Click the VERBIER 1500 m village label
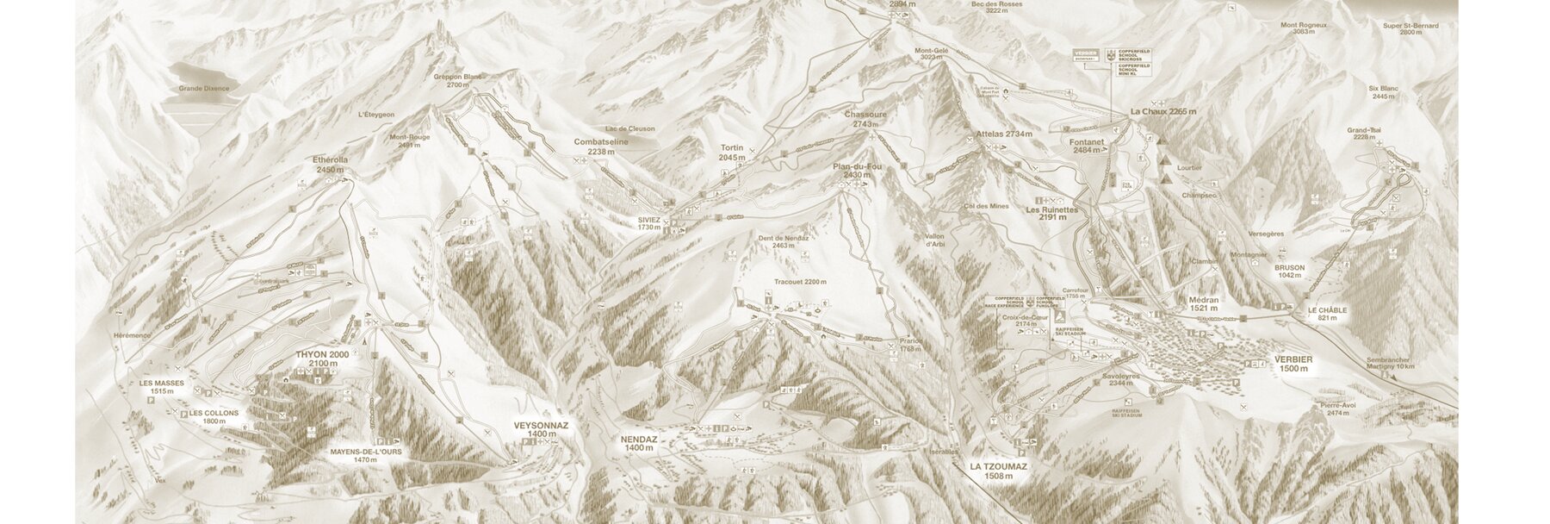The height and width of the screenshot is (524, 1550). tap(1293, 364)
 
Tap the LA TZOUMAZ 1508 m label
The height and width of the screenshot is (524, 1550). tap(998, 471)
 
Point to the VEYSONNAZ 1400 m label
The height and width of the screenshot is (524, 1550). tap(541, 430)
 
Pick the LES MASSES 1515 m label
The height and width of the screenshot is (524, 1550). tap(161, 387)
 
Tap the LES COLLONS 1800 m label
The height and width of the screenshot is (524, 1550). tap(214, 417)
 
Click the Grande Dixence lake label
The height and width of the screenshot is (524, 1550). tap(204, 89)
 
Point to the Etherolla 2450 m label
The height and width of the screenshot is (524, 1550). tap(331, 165)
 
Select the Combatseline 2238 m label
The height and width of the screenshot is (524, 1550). tap(601, 146)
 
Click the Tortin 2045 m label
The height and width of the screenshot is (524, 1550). tap(731, 153)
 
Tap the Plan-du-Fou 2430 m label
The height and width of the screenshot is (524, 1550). tap(857, 170)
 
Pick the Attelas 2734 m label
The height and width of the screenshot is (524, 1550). tap(1004, 134)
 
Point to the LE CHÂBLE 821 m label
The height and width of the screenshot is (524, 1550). tap(1326, 314)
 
